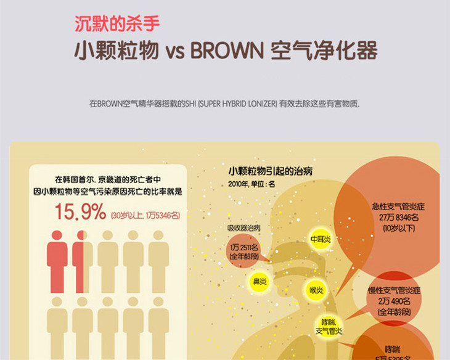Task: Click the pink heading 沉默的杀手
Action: pos(117,25)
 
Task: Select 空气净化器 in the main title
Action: pos(324,51)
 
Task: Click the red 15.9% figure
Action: pos(81,213)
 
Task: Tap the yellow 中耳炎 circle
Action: pos(321,239)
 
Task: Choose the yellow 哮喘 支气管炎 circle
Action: pos(329,326)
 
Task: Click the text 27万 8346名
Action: pos(399,217)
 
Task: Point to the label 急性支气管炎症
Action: pos(399,207)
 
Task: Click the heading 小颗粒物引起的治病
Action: pos(270,171)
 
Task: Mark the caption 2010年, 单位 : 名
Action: pos(252,184)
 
